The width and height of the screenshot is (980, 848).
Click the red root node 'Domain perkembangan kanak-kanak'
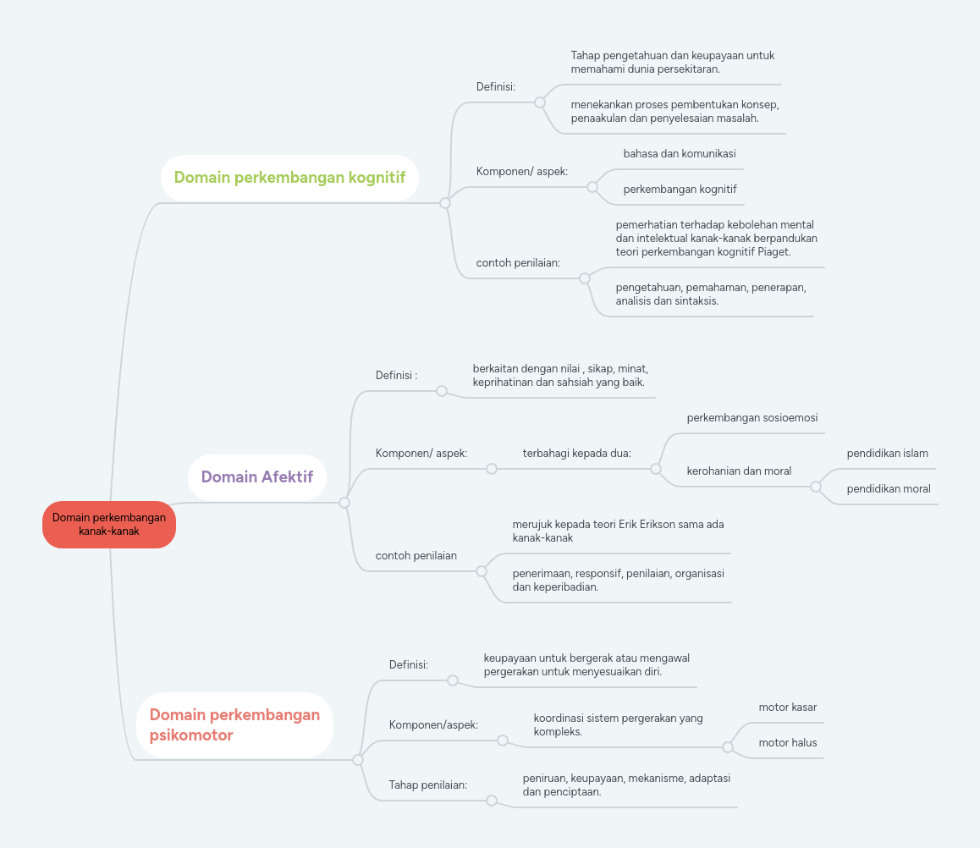coord(109,525)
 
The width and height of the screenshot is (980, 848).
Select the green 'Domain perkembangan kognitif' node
coord(289,178)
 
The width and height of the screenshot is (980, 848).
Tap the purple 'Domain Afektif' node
coord(257,476)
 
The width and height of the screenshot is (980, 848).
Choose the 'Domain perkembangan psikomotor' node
coord(234,725)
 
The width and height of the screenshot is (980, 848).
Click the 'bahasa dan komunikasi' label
coord(680,154)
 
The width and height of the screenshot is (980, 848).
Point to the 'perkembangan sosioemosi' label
coord(752,417)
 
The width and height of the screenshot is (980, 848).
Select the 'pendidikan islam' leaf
coord(888,453)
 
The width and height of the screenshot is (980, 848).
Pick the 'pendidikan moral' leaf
coord(889,488)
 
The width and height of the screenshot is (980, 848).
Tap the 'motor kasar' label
coord(788,707)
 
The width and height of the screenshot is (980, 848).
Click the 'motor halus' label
coord(788,742)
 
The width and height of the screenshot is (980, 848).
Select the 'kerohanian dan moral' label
coord(739,471)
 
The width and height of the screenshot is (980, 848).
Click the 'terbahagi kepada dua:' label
coord(577,453)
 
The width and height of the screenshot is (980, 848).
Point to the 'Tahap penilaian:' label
coord(428,785)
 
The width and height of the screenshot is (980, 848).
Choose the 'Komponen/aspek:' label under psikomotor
coord(433,725)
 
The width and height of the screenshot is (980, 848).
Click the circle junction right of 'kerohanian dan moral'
coord(816,487)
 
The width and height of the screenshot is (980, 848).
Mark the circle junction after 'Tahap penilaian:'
coord(492,801)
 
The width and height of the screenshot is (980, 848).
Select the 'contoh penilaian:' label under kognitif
coord(518,263)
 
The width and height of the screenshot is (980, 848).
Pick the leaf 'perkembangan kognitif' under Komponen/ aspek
coord(680,190)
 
